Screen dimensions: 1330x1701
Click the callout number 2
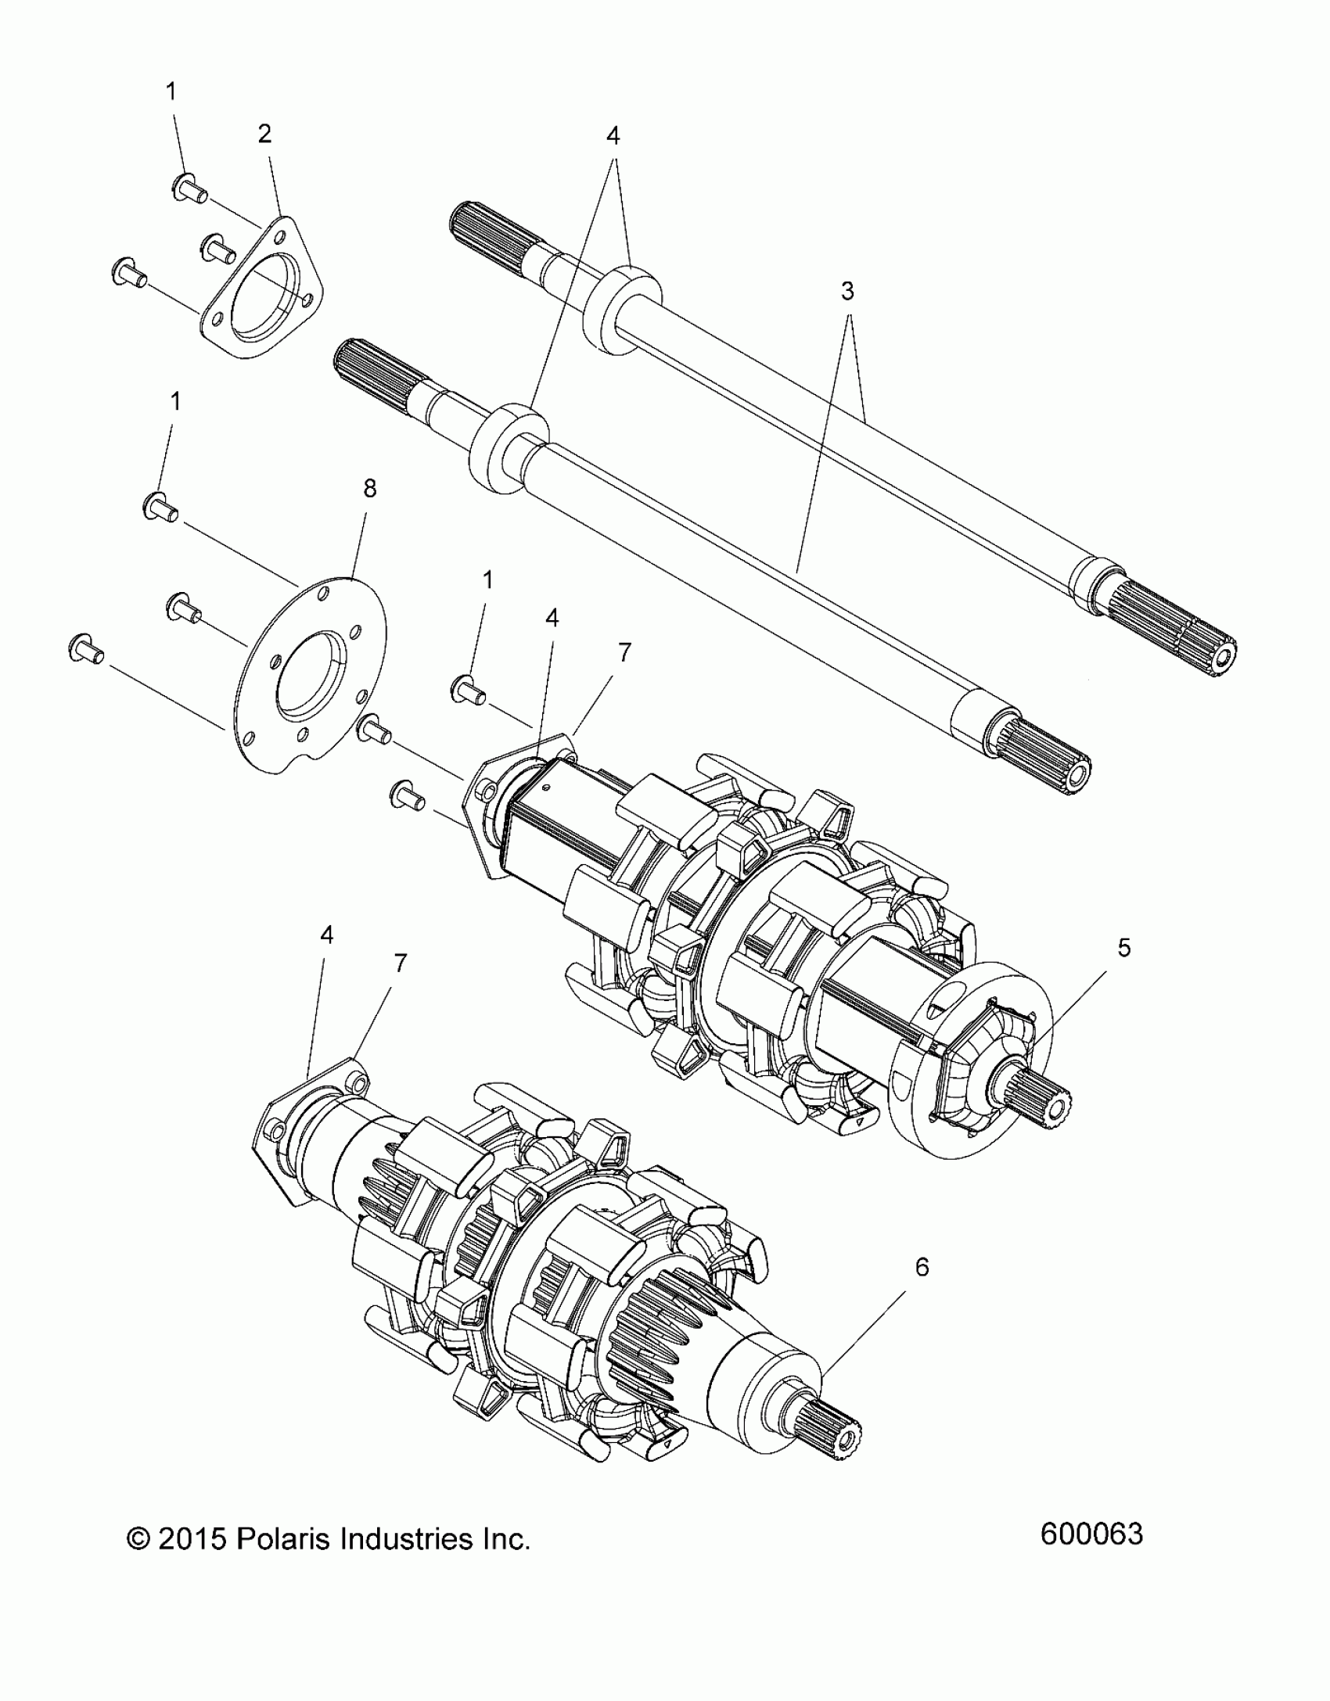(x=264, y=135)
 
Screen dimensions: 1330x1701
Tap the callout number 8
(x=370, y=489)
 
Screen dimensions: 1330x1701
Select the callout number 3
(x=847, y=292)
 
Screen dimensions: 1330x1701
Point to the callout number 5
(x=1124, y=949)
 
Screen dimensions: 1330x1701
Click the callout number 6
(x=922, y=1268)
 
